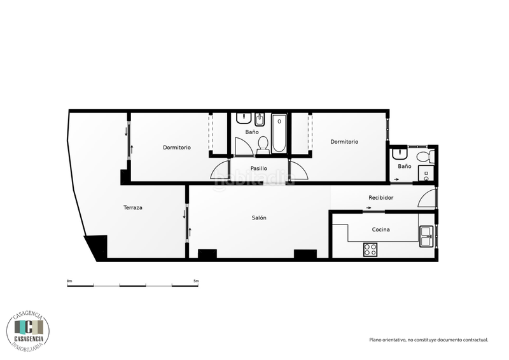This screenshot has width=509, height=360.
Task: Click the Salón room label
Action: (259, 218)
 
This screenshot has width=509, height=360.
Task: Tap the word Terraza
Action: (133, 208)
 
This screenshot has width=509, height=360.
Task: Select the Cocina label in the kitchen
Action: (381, 229)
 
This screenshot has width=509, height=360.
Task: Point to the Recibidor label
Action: (381, 198)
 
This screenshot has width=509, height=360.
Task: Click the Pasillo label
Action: (258, 169)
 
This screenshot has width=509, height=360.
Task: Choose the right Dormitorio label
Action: (344, 142)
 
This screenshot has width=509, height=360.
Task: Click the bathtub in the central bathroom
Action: (279, 134)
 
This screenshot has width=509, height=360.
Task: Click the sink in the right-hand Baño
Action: (400, 155)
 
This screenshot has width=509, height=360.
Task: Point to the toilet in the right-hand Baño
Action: (424, 156)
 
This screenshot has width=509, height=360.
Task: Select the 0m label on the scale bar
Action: (69, 280)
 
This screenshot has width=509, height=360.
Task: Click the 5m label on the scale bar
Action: (196, 280)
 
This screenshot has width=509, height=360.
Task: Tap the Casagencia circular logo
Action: (28, 329)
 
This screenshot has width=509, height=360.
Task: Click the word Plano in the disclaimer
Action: (377, 340)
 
